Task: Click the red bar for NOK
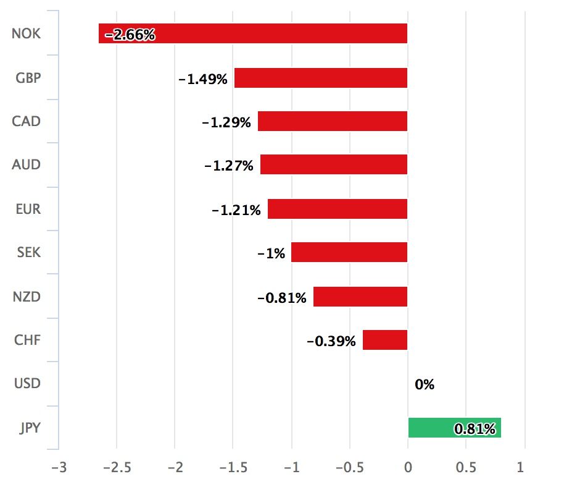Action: click(x=278, y=33)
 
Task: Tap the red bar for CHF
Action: click(x=385, y=340)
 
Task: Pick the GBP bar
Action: click(x=321, y=78)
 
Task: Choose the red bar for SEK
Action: click(x=349, y=252)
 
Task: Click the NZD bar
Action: click(x=360, y=297)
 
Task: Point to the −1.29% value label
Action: click(x=226, y=122)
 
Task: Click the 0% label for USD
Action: click(x=425, y=384)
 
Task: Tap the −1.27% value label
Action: click(x=228, y=166)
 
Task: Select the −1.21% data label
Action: click(x=236, y=210)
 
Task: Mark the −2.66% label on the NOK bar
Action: click(x=130, y=35)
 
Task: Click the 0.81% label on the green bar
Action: click(x=475, y=428)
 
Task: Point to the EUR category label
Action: click(x=28, y=209)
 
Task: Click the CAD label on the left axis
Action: click(x=27, y=121)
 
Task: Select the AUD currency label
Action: click(x=27, y=165)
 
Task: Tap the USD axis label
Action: click(x=27, y=384)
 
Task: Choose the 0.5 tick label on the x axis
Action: click(x=465, y=467)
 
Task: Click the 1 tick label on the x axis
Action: click(x=521, y=467)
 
